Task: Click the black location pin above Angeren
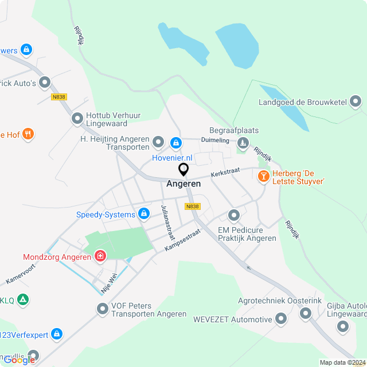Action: tap(183, 170)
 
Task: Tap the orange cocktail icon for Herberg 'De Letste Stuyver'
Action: tap(264, 176)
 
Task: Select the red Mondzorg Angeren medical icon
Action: tap(100, 255)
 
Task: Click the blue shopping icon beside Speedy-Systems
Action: tap(144, 214)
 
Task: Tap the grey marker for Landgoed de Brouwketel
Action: tap(356, 103)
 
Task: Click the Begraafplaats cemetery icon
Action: tap(243, 142)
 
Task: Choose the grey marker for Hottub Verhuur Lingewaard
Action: tap(77, 119)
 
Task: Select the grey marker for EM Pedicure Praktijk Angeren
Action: tap(233, 216)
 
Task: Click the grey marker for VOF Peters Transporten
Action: tap(103, 310)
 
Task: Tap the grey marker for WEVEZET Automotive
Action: tap(281, 319)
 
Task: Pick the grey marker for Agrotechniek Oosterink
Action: tap(305, 313)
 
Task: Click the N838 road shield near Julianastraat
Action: tap(192, 206)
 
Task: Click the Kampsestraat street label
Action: tap(182, 240)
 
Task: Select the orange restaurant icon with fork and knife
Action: tap(28, 135)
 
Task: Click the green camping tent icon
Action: tap(22, 299)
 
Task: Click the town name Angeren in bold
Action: tap(183, 184)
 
